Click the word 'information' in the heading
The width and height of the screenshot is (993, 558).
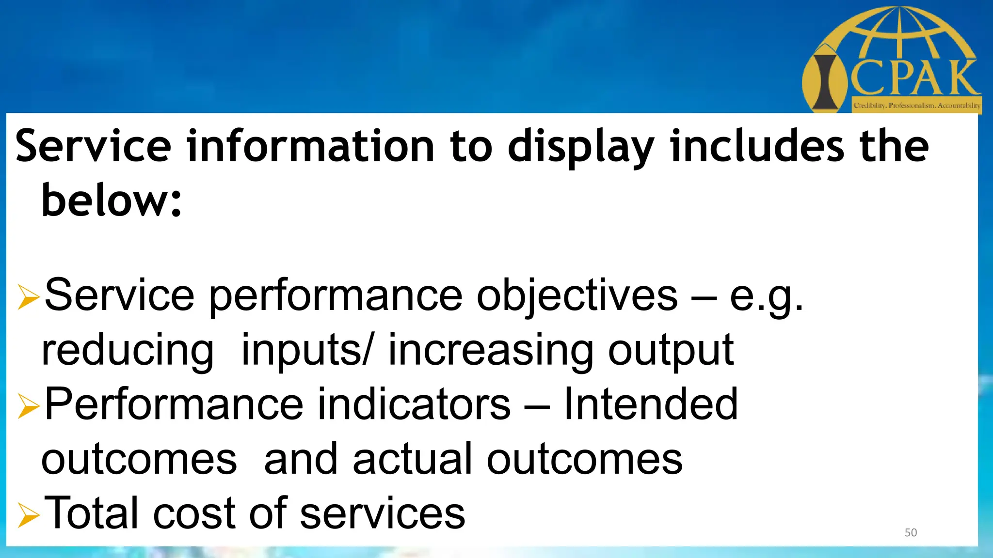point(310,146)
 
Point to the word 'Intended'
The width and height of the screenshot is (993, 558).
point(650,404)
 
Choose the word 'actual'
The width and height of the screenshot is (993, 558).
point(412,459)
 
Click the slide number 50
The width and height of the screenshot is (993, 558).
point(911,533)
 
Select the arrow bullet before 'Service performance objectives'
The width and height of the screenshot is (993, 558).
point(28,297)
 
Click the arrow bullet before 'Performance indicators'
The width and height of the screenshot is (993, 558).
point(28,405)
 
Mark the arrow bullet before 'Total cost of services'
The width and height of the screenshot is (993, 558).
point(28,514)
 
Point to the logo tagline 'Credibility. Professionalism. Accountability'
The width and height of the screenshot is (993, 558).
point(917,105)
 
